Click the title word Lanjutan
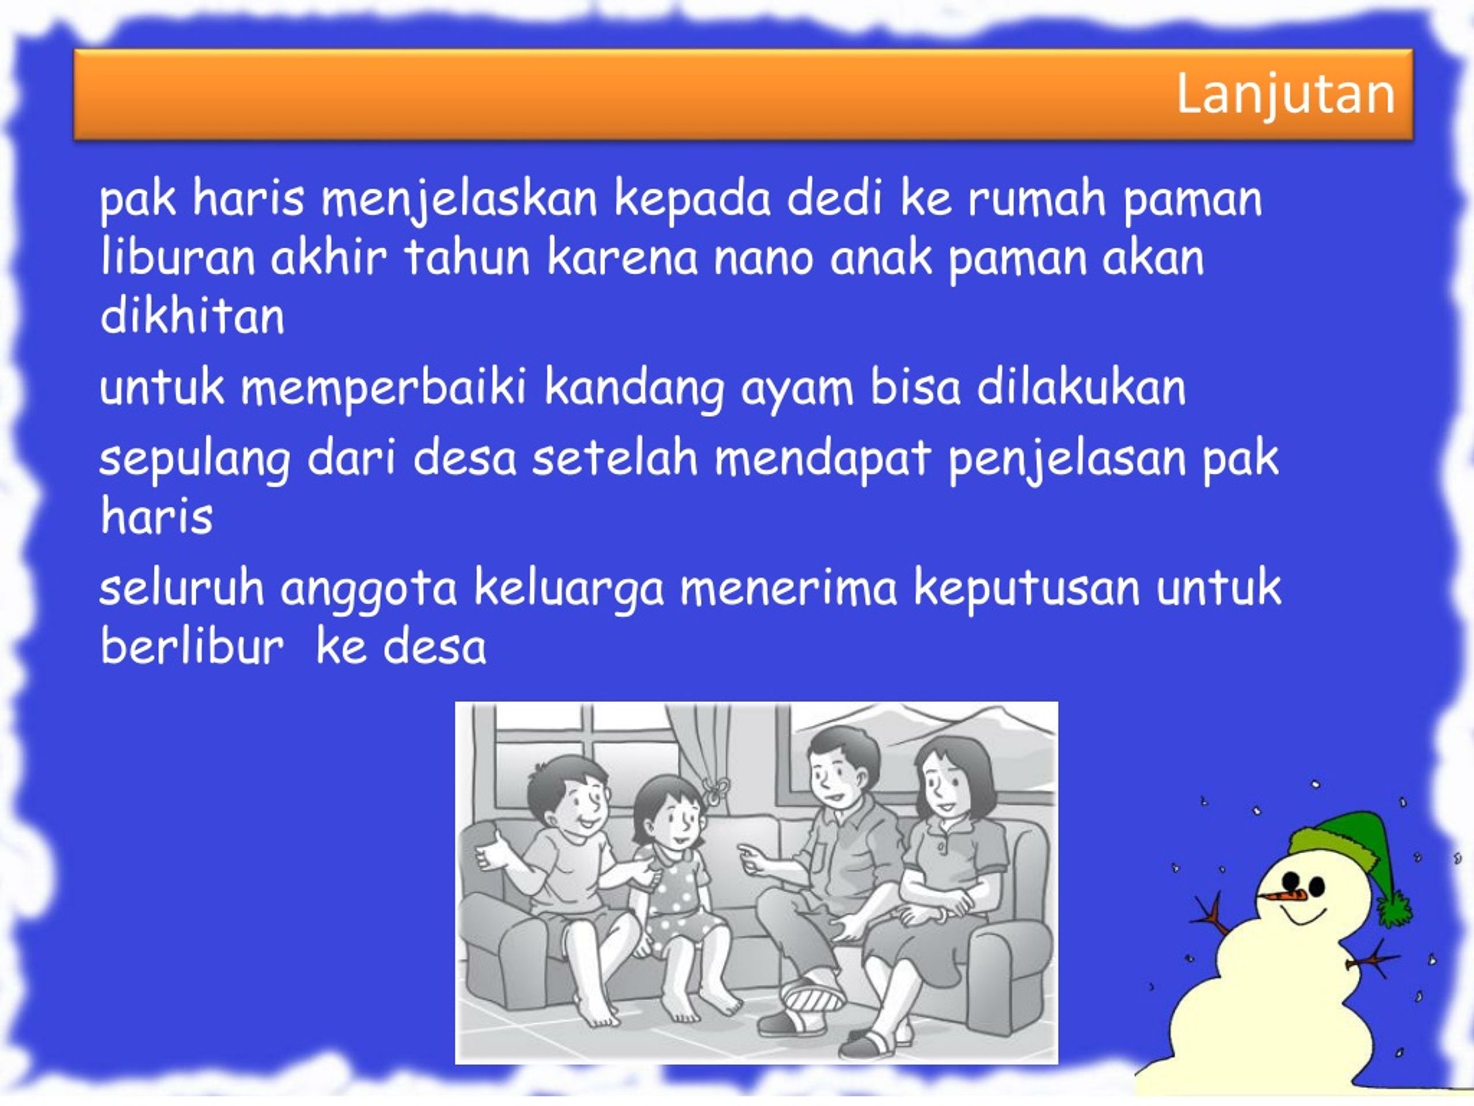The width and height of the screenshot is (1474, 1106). pos(1285,94)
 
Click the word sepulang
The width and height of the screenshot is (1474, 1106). pos(195,461)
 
